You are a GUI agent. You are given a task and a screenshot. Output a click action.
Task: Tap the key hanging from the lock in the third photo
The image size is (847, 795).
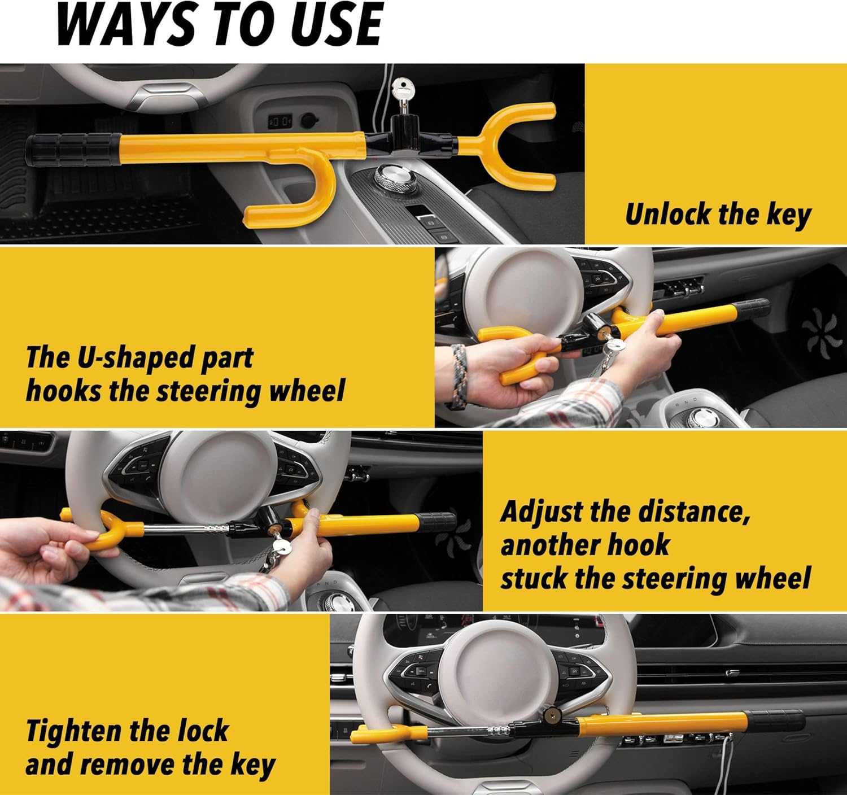tap(279, 548)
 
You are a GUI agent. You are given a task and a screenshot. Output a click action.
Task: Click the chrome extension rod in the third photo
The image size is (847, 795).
tap(186, 529)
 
